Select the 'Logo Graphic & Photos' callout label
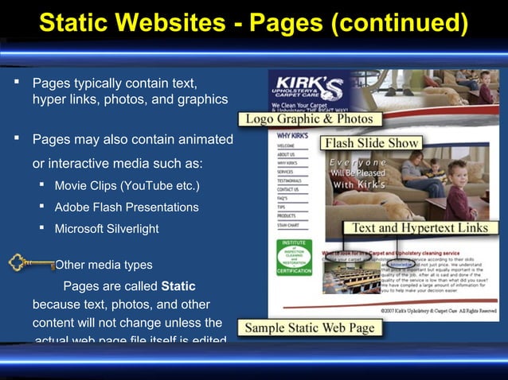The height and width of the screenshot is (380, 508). coord(309,119)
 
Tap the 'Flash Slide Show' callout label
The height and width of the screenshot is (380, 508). coord(370,144)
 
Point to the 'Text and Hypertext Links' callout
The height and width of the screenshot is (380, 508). coord(420,228)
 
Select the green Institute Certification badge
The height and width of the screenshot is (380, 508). coord(294,256)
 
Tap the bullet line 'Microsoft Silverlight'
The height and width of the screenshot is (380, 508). coord(106,229)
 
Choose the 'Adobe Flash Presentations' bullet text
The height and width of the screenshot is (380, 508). coord(126,207)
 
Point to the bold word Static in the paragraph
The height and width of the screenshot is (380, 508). coord(178,286)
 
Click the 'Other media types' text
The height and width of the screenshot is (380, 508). coord(104,265)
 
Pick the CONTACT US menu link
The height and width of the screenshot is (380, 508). coord(288,190)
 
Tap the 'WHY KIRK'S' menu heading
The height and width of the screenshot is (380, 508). coord(292,136)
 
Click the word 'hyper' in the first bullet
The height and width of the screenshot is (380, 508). coord(49,99)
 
